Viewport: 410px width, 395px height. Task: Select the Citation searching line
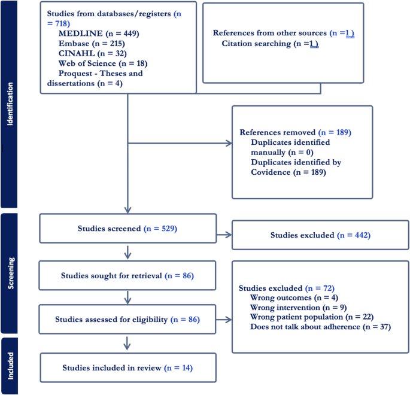pos(269,44)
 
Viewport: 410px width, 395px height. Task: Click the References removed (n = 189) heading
pos(295,132)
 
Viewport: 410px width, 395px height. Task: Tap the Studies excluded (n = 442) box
pos(320,235)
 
